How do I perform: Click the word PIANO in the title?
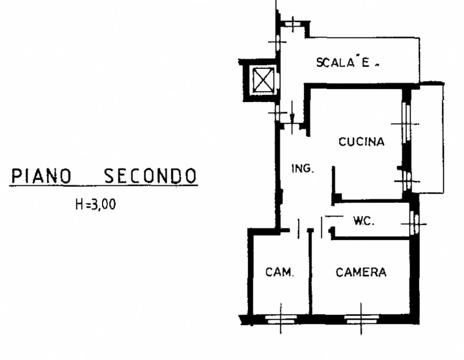tap(41, 176)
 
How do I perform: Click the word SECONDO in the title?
tap(150, 176)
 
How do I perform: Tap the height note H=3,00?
tap(96, 204)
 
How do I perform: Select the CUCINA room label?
tap(362, 142)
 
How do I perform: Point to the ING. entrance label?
tap(303, 169)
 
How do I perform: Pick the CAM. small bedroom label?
tap(280, 272)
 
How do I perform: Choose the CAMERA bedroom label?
tap(361, 272)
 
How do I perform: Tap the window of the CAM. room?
tap(281, 320)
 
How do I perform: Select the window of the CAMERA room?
tap(361, 320)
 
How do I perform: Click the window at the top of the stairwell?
tap(293, 24)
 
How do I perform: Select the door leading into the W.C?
tap(322, 228)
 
